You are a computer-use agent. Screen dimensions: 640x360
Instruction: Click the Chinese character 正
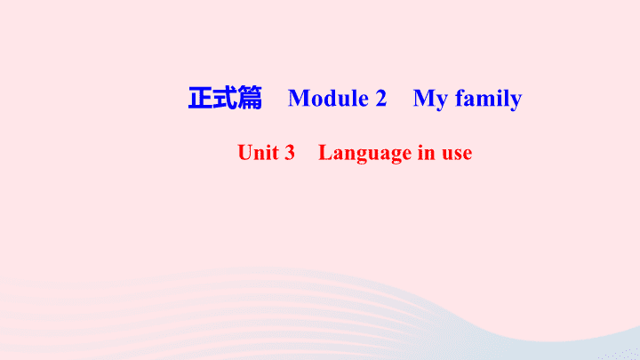coord(200,98)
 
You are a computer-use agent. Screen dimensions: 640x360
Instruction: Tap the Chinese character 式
coord(225,98)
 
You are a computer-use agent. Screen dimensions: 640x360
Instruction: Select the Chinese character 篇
coord(250,98)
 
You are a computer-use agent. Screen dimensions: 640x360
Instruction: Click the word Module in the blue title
coord(328,99)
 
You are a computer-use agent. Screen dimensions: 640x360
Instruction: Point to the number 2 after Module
coord(380,99)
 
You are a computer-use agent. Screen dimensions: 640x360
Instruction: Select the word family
coord(489,100)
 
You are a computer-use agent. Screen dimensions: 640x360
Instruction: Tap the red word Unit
coord(259,153)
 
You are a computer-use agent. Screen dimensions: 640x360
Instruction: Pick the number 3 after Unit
coord(290,153)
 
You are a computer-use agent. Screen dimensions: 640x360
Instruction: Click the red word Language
coord(365,154)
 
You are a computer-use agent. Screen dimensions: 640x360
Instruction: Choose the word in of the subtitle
coord(427,153)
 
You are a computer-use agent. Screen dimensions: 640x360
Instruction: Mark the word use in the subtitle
coord(457,155)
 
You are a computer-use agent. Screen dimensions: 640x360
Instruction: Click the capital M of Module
coord(299,99)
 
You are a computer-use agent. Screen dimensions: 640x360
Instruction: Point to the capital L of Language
coord(325,152)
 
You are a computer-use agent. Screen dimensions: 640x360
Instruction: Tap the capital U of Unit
coord(245,153)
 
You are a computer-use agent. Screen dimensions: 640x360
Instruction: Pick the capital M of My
coord(425,99)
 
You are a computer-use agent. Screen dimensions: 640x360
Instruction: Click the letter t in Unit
coord(276,154)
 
